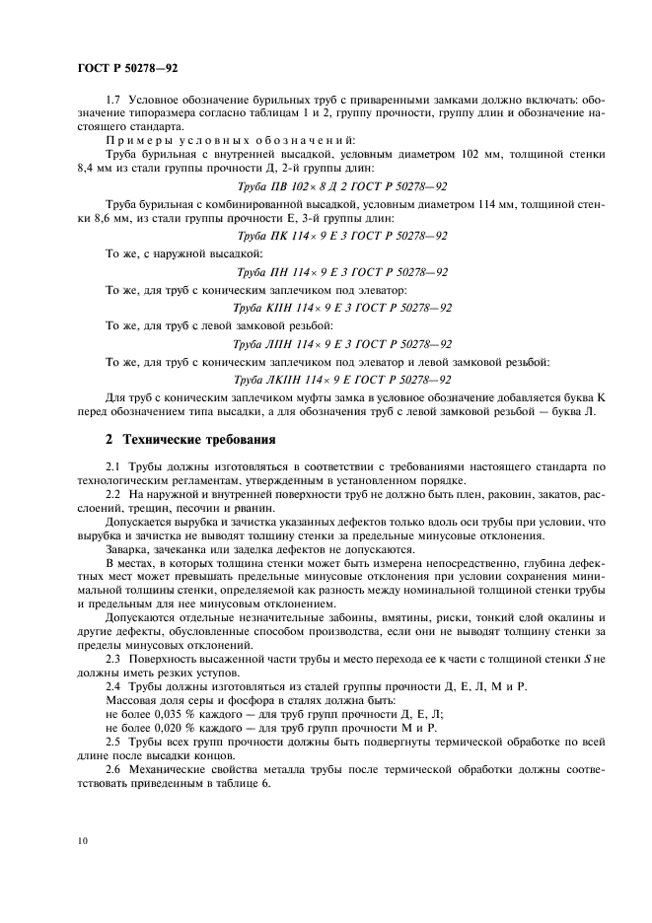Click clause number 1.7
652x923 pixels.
tap(112, 103)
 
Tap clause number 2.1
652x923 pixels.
tap(112, 464)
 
